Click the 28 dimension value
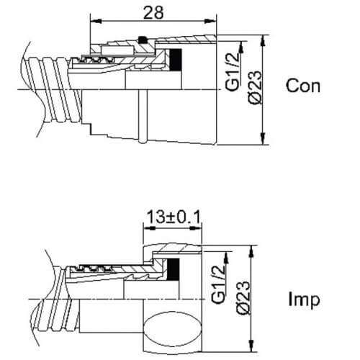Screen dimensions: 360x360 tap(153, 12)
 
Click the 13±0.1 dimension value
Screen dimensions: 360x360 tap(174, 217)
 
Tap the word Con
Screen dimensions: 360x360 tap(303, 86)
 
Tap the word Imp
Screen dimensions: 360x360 tap(304, 300)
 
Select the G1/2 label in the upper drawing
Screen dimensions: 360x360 tap(233, 72)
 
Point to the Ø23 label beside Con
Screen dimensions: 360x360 tap(255, 87)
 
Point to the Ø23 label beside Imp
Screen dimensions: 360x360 tap(243, 297)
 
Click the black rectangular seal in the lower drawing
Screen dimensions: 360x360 tap(173, 269)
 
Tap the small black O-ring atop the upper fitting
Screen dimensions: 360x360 tap(143, 40)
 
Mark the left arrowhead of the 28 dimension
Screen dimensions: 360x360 tap(96, 22)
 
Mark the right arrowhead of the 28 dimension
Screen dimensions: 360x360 tap(211, 22)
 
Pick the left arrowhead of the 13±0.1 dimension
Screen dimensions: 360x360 tap(149, 228)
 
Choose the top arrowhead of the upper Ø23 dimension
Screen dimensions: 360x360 tap(264, 41)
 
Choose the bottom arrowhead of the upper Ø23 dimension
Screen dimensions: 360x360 tap(264, 138)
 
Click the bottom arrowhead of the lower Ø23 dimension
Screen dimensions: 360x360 tap(251, 346)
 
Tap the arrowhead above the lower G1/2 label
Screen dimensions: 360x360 tap(226, 257)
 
